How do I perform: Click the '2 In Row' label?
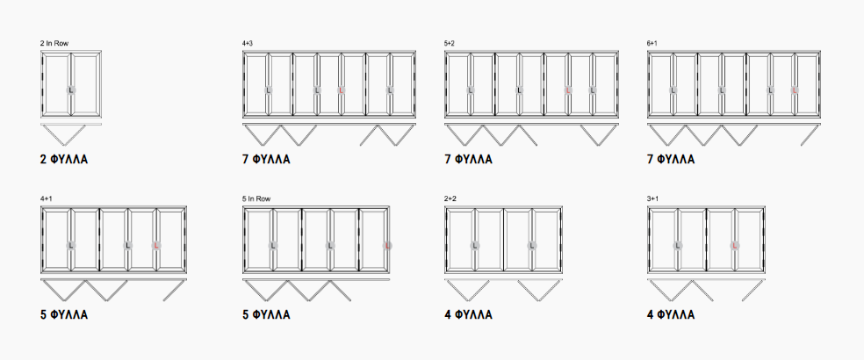point(54,43)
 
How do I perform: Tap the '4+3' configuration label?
point(248,43)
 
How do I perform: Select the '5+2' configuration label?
point(450,43)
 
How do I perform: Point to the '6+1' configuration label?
point(652,43)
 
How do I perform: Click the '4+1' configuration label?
point(46,198)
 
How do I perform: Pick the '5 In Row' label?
point(256,198)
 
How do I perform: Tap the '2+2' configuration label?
point(450,198)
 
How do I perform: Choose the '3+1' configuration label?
point(652,198)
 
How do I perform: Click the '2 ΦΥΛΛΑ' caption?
point(64,160)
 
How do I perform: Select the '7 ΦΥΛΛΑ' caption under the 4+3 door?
point(266,160)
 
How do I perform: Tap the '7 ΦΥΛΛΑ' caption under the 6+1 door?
point(671,160)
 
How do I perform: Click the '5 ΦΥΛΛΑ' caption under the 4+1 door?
point(64,315)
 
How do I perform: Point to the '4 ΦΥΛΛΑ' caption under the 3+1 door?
point(671,315)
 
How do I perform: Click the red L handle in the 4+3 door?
point(341,90)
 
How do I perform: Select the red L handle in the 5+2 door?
point(568,90)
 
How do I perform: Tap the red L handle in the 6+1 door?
point(795,90)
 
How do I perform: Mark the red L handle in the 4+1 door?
point(156,245)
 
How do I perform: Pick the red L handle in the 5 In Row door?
point(387,245)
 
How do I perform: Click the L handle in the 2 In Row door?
point(71,90)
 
